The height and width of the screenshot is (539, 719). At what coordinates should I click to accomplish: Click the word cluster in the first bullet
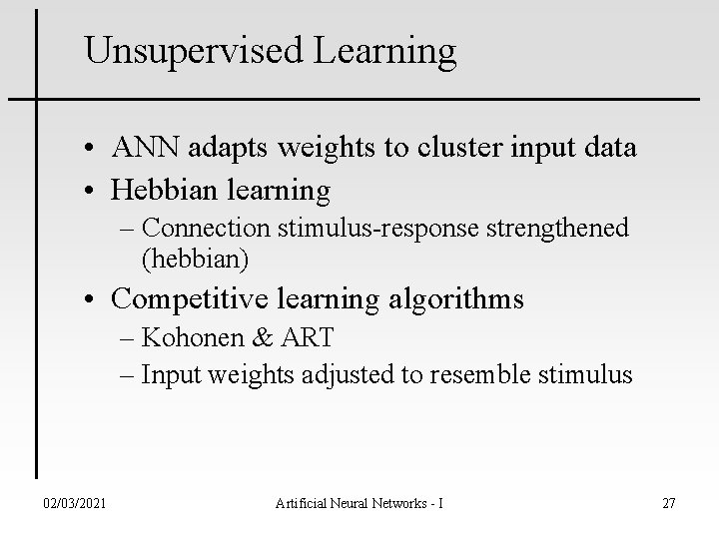433,149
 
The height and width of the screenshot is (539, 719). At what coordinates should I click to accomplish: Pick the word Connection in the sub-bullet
211,229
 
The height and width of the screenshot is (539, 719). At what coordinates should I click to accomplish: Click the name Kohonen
192,336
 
